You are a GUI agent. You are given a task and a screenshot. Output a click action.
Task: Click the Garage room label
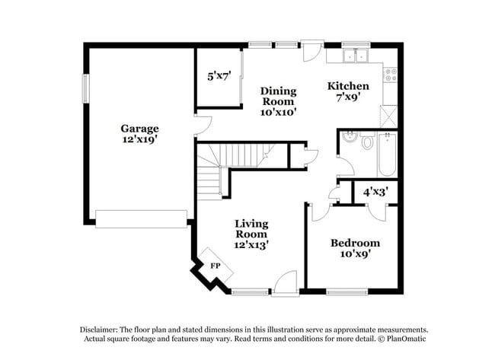139,129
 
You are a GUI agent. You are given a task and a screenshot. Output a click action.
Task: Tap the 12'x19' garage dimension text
139,139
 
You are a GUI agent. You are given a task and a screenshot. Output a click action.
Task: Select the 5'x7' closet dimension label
219,76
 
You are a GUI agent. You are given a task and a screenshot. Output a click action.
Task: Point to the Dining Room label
279,96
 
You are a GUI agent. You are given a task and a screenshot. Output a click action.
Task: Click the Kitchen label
348,86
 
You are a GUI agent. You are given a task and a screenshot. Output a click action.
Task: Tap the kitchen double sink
356,56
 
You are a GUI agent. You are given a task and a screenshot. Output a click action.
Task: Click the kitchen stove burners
391,75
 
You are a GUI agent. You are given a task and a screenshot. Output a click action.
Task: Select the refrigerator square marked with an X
388,116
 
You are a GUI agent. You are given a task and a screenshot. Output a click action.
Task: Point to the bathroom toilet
367,140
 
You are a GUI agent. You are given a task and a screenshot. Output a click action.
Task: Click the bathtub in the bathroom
388,155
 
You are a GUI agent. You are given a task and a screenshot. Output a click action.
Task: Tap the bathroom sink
350,136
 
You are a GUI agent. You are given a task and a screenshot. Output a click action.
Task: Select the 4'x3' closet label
375,192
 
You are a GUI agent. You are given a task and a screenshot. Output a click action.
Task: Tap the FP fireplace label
216,266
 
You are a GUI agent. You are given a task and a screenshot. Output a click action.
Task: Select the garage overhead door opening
141,219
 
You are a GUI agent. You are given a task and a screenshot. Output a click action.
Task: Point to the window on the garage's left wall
86,88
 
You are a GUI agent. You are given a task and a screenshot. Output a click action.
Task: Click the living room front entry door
286,284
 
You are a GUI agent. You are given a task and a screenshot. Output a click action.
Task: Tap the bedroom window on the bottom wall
347,292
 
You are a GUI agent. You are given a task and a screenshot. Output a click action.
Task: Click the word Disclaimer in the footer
99,330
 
